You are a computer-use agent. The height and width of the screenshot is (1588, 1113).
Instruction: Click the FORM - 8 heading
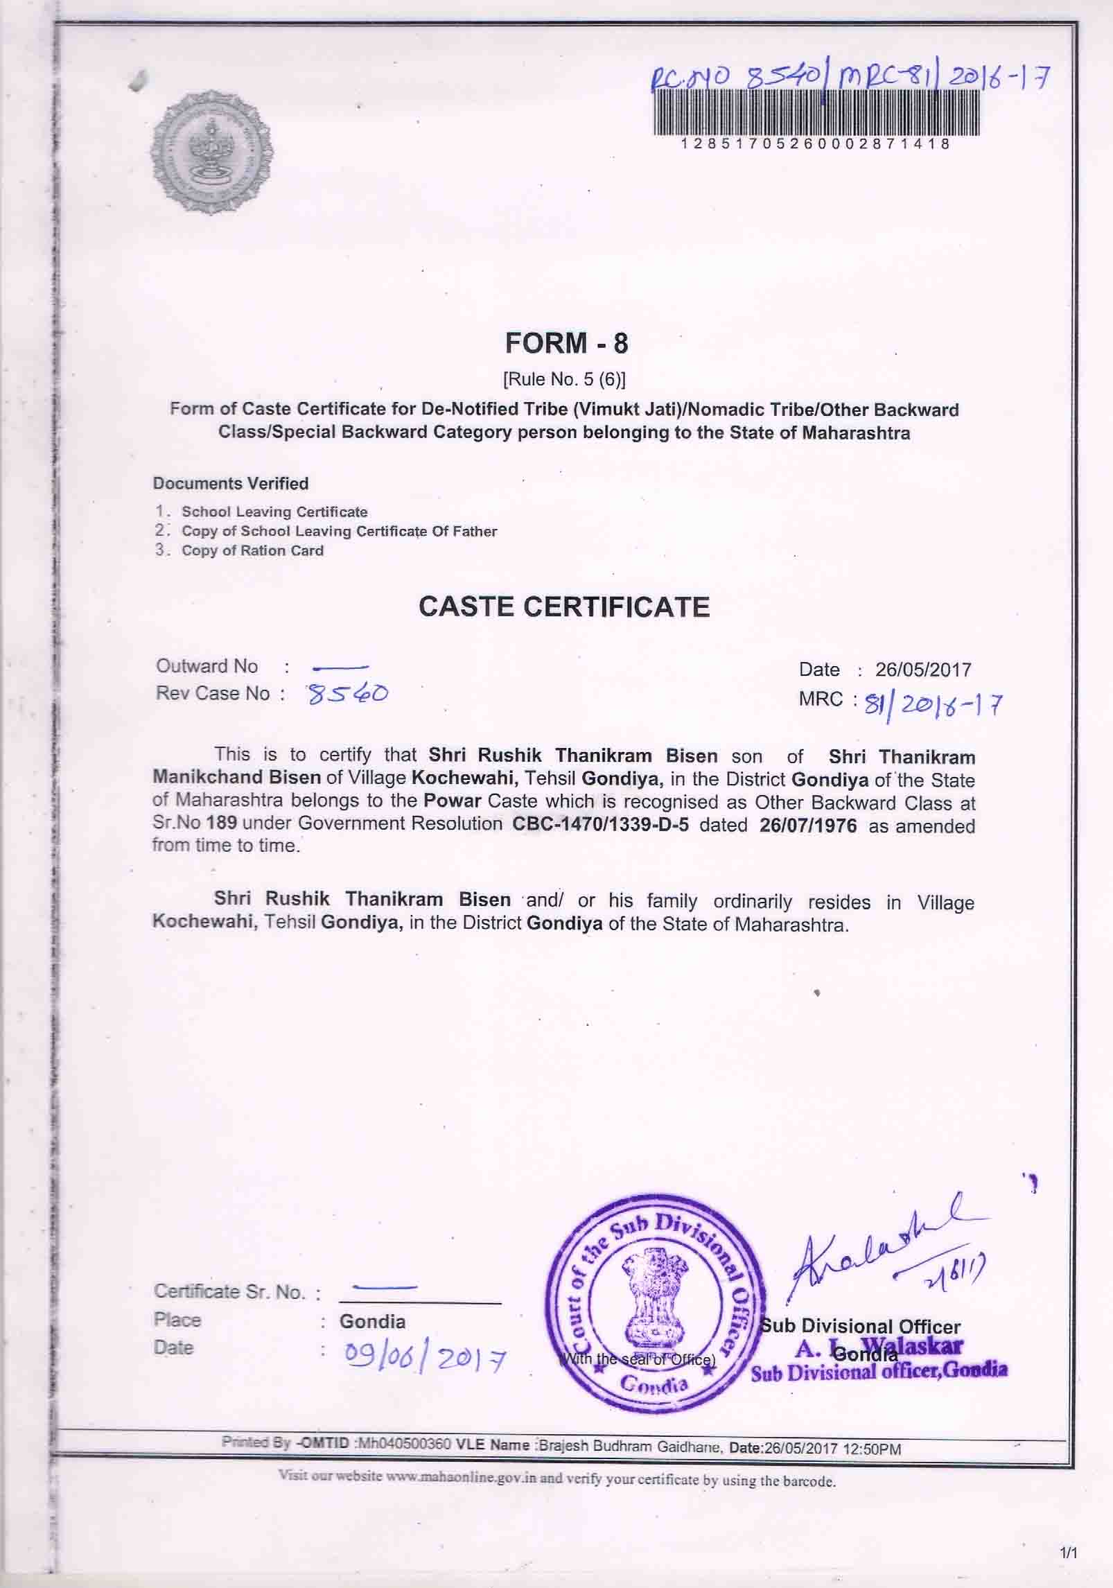[566, 344]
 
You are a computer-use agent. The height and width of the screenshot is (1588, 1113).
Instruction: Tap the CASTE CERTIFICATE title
[564, 607]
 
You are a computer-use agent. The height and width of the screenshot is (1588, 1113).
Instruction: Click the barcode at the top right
[816, 114]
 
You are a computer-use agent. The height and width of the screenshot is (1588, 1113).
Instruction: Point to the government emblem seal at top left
[211, 153]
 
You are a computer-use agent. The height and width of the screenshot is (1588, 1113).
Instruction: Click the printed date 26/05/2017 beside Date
[922, 670]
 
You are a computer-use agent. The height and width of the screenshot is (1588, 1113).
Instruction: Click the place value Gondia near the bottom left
[372, 1321]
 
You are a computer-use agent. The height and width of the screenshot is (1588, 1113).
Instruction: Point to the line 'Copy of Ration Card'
[252, 551]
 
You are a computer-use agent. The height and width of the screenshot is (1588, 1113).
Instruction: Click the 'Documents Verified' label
[231, 483]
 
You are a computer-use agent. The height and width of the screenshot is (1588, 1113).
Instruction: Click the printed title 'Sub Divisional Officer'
[861, 1327]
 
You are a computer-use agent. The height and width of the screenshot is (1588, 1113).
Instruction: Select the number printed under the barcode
[816, 144]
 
